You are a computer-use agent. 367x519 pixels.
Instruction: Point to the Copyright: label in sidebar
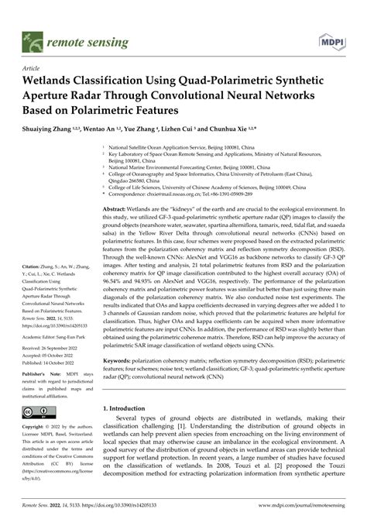36,427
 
